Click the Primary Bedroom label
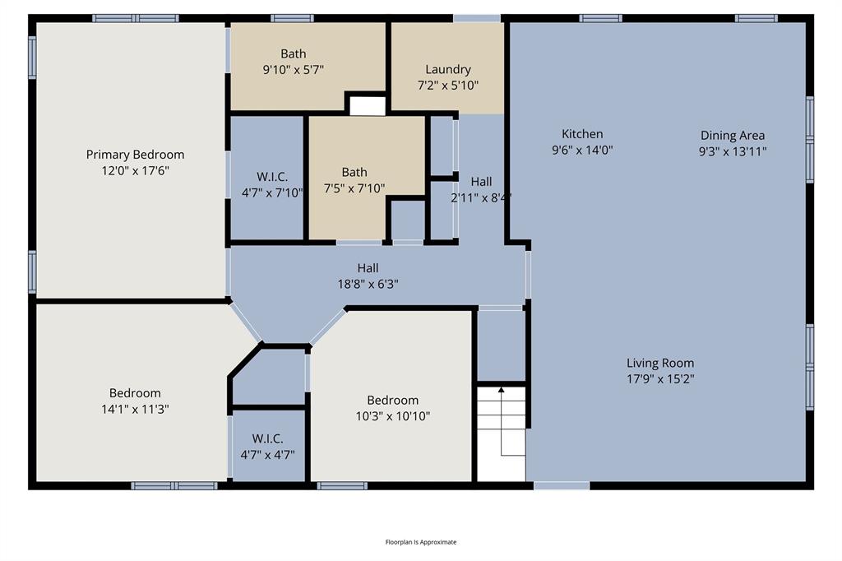pos(135,155)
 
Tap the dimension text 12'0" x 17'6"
pos(135,171)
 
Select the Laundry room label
pos(448,69)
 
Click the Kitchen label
pos(582,134)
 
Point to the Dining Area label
pos(733,136)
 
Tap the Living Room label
pos(660,363)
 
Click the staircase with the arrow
pos(502,433)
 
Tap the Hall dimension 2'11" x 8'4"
pos(481,197)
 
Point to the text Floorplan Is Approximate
pos(421,542)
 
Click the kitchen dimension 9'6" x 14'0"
pos(582,150)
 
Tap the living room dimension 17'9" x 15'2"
pos(660,378)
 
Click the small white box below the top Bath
pos(367,106)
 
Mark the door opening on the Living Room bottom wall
pos(562,486)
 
